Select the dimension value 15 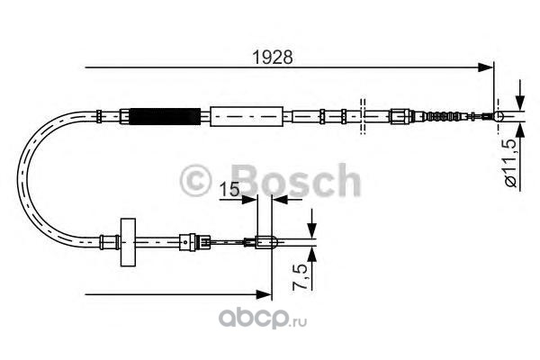coord(230,190)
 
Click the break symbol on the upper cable coord(361,114)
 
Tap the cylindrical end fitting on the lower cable coord(266,240)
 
